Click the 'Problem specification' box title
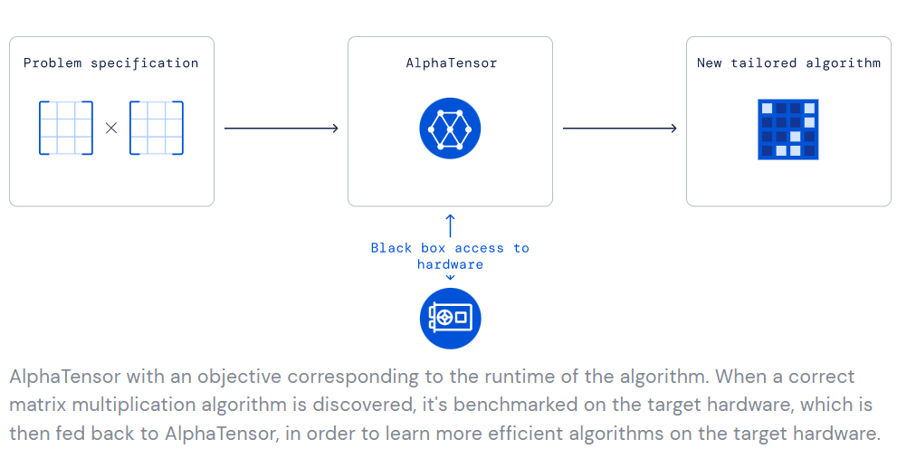click(111, 63)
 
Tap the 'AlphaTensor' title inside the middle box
click(452, 63)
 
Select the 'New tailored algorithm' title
click(789, 63)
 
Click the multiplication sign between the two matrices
click(111, 129)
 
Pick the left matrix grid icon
click(66, 128)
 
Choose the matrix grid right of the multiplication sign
click(157, 128)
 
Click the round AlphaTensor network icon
click(450, 129)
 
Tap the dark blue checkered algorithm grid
click(788, 129)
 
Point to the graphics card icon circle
click(450, 318)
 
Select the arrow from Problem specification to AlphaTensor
click(282, 129)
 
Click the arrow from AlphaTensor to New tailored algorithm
click(620, 129)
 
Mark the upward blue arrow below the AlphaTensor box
click(450, 225)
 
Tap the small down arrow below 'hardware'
click(450, 278)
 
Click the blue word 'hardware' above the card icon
click(450, 264)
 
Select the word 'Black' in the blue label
click(391, 248)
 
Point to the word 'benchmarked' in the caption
click(515, 405)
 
